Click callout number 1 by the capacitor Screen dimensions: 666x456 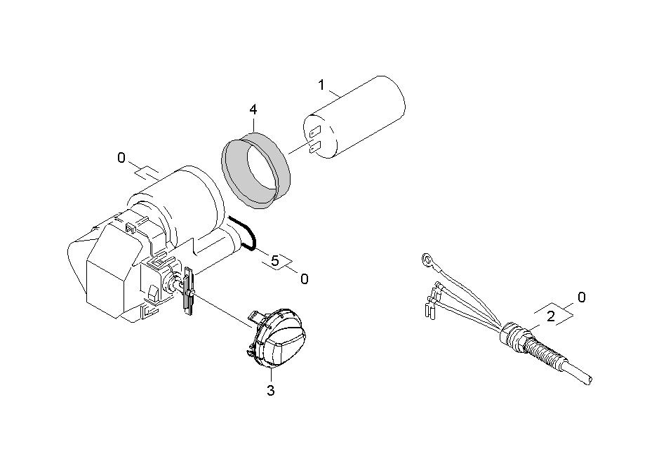pos(322,86)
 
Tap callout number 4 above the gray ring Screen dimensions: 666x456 pos(253,110)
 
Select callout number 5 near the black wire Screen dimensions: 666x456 pos(275,261)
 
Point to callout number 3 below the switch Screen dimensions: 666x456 pos(271,390)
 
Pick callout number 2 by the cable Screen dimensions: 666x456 pos(550,316)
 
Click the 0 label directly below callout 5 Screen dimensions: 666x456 pos(304,279)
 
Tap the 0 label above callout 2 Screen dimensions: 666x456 pos(582,297)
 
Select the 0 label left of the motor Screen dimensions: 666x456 pos(121,159)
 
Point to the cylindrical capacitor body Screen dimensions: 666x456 pos(354,117)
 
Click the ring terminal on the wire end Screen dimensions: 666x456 pos(426,258)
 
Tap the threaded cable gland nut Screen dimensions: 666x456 pos(513,335)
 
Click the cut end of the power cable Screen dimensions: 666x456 pos(588,379)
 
